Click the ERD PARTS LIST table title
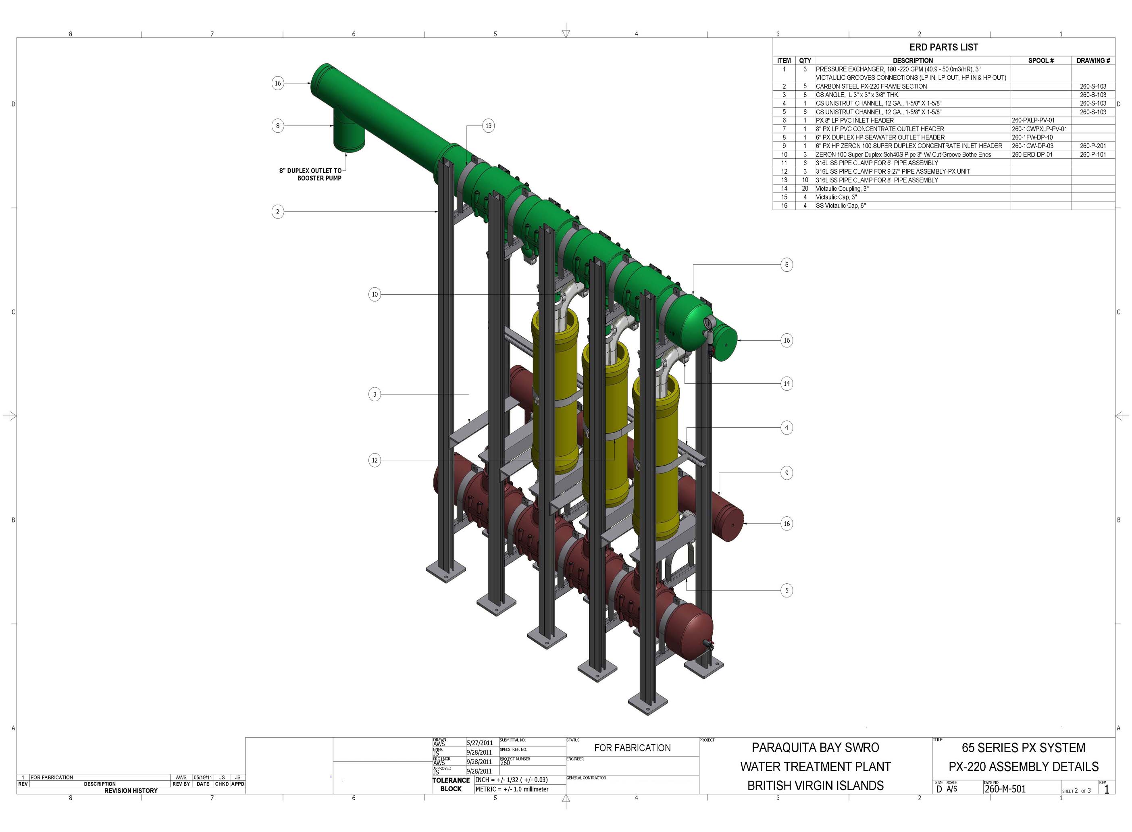tap(943, 47)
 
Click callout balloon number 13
tap(488, 125)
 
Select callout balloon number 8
tap(277, 125)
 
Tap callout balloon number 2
tap(277, 212)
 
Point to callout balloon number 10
tap(374, 294)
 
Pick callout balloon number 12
tap(374, 460)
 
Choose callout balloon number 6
tap(786, 264)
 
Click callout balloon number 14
tap(786, 383)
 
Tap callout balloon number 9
tap(786, 472)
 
